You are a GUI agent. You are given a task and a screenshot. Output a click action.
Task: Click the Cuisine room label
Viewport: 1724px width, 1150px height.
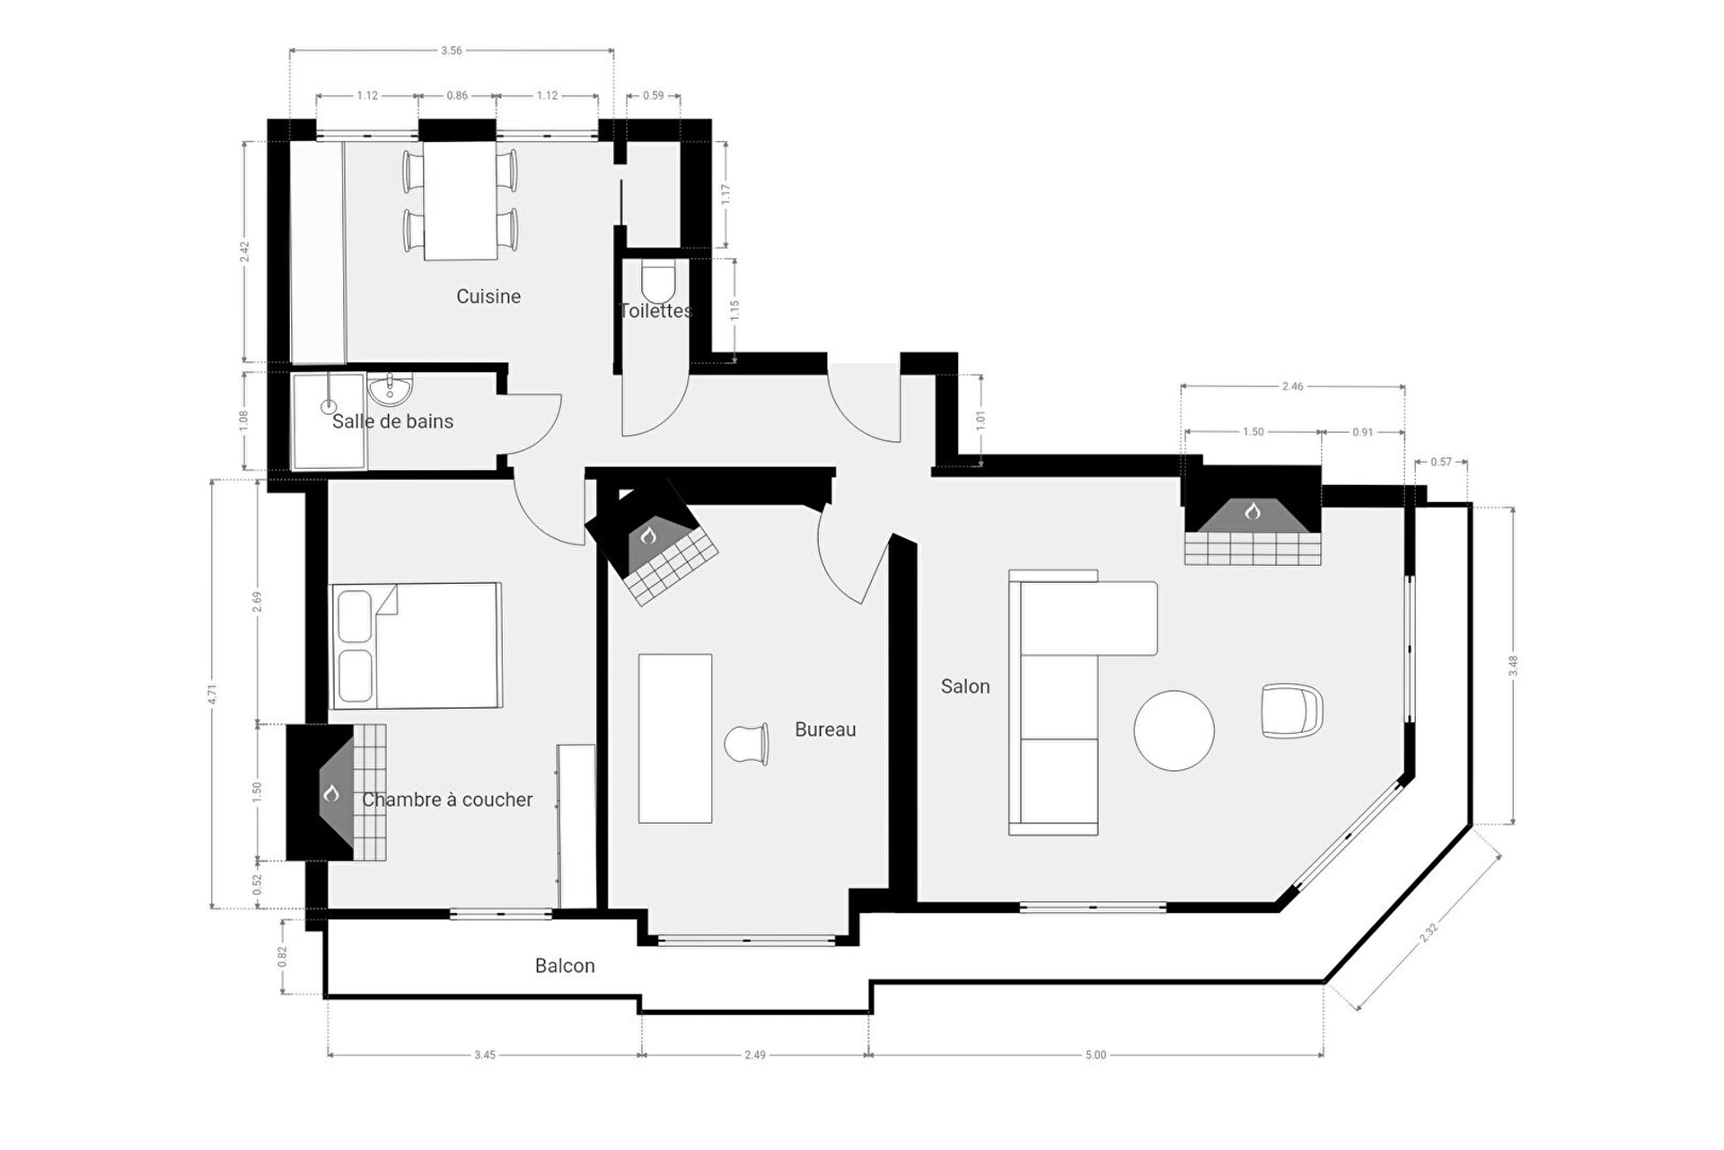pyautogui.click(x=488, y=296)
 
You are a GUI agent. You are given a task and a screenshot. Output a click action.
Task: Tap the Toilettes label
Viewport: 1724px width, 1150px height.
pyautogui.click(x=656, y=311)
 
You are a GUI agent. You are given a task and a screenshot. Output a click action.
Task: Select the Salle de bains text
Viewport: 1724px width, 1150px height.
pyautogui.click(x=392, y=421)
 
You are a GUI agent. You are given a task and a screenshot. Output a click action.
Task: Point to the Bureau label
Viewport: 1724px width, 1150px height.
pyautogui.click(x=825, y=730)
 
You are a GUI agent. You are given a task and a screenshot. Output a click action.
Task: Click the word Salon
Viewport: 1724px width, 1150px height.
pyautogui.click(x=965, y=686)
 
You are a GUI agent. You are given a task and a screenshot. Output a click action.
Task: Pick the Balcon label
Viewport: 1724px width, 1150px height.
pyautogui.click(x=565, y=966)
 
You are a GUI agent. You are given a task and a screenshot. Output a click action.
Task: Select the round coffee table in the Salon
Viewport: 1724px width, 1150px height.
pyautogui.click(x=1174, y=730)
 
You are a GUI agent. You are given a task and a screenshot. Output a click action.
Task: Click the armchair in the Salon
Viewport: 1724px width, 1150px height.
pyautogui.click(x=1292, y=711)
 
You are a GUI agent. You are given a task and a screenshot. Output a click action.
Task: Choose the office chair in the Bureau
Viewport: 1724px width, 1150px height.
pyautogui.click(x=747, y=744)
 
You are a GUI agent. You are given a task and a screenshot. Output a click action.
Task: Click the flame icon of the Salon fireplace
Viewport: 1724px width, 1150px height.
pyautogui.click(x=1253, y=511)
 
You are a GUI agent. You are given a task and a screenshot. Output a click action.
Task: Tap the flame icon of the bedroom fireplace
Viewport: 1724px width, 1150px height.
pyautogui.click(x=331, y=793)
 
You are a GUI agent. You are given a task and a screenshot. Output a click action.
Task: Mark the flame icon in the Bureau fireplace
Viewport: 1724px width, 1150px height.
pyautogui.click(x=648, y=536)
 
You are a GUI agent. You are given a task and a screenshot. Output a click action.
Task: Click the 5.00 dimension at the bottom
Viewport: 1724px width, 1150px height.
pyautogui.click(x=1095, y=1055)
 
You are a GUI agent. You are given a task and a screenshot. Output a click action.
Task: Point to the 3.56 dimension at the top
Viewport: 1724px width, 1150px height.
pyautogui.click(x=452, y=50)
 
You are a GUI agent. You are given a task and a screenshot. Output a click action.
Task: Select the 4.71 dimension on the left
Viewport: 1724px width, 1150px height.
pyautogui.click(x=213, y=694)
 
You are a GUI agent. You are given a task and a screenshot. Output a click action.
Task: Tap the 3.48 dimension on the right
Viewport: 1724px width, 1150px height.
pyautogui.click(x=1513, y=666)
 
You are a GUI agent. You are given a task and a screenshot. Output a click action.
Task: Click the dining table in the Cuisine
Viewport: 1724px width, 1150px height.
pyautogui.click(x=460, y=200)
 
